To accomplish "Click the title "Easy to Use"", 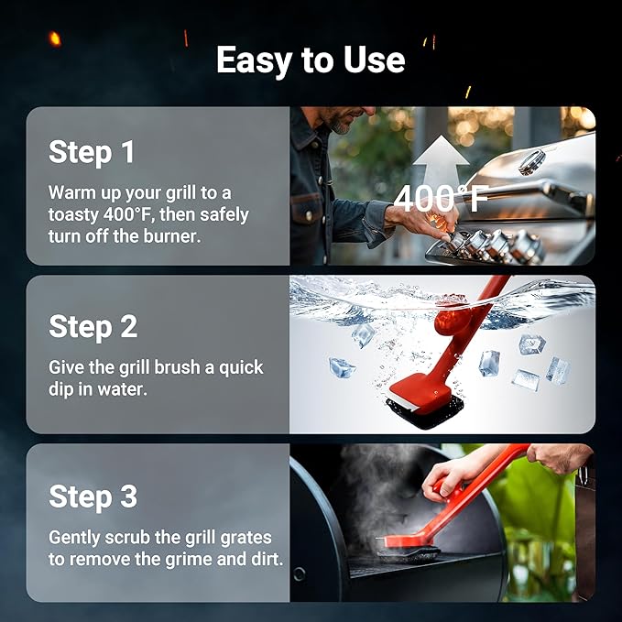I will click(x=311, y=60).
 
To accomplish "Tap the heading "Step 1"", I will click(x=92, y=152).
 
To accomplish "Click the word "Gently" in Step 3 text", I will click(x=76, y=538).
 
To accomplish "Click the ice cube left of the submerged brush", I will click(x=341, y=367).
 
